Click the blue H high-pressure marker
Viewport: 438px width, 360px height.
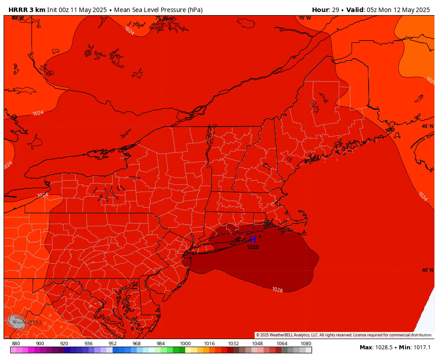[x=253, y=240]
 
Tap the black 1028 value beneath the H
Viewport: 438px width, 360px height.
[x=253, y=247]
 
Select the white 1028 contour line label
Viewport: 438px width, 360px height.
[x=277, y=290]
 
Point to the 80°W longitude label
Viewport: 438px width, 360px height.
[x=18, y=18]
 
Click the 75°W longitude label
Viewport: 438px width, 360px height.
[x=161, y=18]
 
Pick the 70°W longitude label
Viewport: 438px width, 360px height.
[x=304, y=18]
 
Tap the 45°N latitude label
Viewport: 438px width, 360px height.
[x=427, y=126]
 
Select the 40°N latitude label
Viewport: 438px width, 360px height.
[x=427, y=270]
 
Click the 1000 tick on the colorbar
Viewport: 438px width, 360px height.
[x=185, y=344]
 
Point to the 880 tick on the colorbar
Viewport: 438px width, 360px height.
[x=16, y=344]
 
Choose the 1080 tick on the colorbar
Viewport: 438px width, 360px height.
[x=306, y=344]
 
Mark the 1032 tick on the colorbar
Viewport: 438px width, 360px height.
[x=233, y=344]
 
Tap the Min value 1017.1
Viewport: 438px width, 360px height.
[x=421, y=348]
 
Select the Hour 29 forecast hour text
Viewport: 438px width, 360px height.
[x=324, y=10]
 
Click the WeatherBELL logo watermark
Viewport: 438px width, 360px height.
[x=24, y=322]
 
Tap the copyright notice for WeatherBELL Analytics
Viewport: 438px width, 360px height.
[x=344, y=335]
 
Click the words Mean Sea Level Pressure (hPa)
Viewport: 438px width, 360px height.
[x=158, y=10]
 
